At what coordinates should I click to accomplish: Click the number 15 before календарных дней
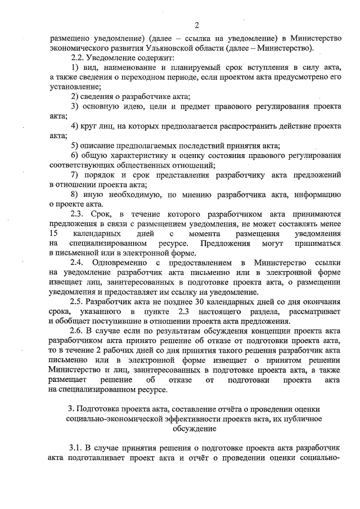[x=54, y=233]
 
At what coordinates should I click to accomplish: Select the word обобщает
[x=73, y=321]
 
